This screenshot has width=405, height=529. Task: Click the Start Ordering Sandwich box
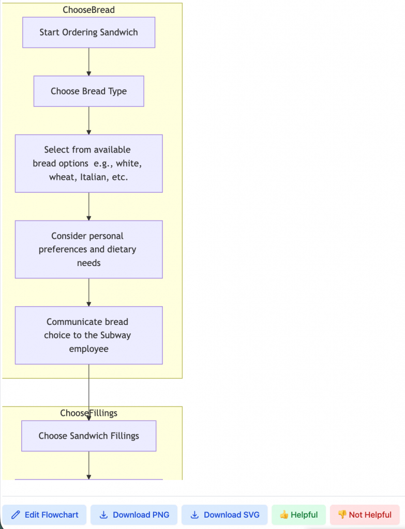tap(88, 33)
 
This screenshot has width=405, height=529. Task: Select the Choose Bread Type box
tap(88, 91)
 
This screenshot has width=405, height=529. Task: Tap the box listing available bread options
tap(88, 163)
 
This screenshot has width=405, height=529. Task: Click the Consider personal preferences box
tap(88, 250)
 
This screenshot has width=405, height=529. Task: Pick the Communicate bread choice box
tap(88, 335)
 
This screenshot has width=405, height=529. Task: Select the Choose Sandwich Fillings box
tap(88, 436)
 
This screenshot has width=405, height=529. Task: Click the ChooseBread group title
tap(88, 10)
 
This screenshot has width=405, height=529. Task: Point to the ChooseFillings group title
tap(88, 413)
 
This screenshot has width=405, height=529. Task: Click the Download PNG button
tap(133, 515)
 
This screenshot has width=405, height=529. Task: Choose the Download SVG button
tap(224, 515)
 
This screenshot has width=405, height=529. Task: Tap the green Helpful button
tap(298, 515)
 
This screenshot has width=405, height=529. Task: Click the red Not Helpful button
tap(365, 515)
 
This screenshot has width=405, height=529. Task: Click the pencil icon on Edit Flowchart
tap(16, 515)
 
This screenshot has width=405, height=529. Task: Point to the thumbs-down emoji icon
tap(342, 515)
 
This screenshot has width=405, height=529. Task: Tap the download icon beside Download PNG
tap(103, 515)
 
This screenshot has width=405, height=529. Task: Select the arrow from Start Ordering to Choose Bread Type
tap(89, 62)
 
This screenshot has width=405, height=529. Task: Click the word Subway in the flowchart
tap(116, 335)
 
